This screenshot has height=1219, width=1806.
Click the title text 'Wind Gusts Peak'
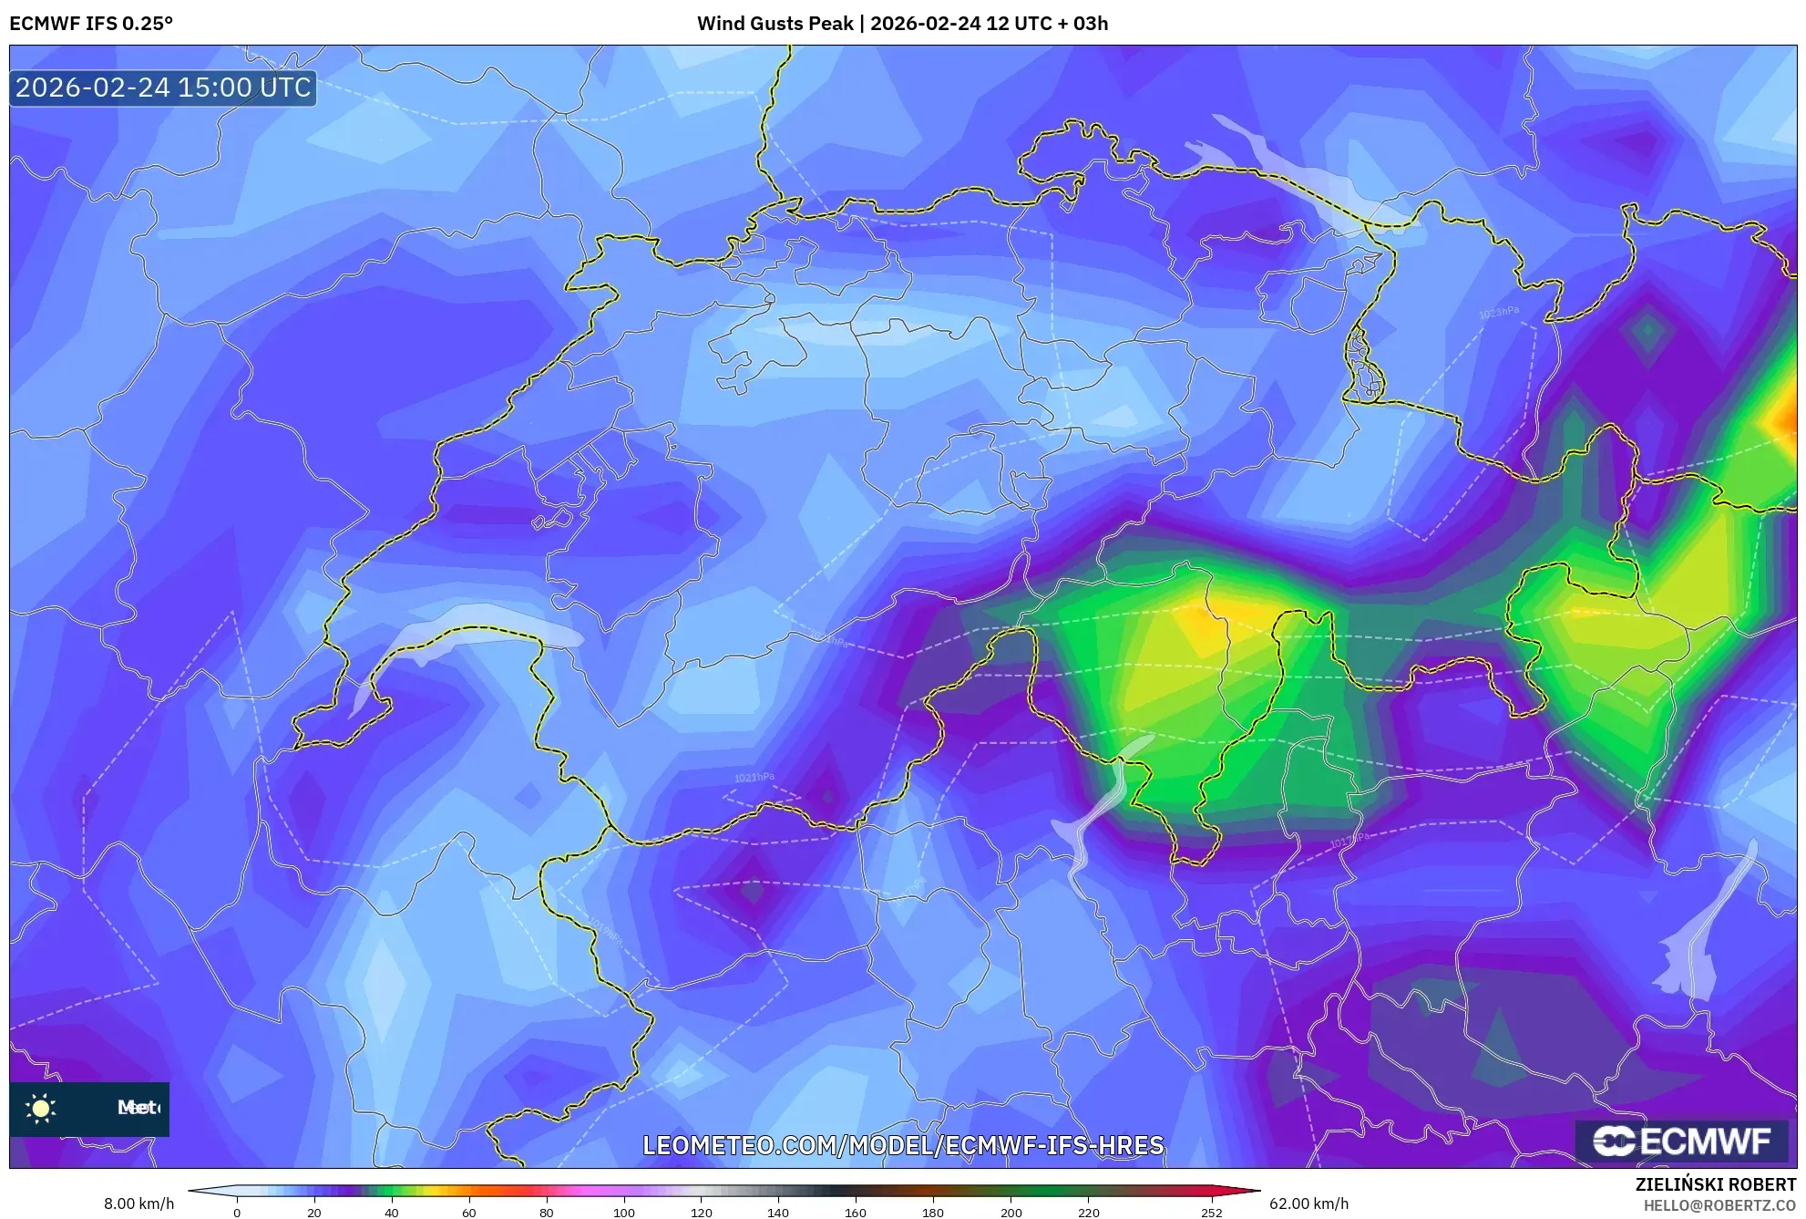pos(775,24)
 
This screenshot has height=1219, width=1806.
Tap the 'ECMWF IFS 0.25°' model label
pos(91,24)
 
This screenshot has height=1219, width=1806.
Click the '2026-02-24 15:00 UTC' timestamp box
pos(163,88)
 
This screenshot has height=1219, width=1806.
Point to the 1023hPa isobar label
pos(1499,313)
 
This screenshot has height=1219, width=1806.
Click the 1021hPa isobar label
pos(754,778)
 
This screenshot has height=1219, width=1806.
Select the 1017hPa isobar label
pos(1349,840)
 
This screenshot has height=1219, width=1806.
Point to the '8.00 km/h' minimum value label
pos(139,1204)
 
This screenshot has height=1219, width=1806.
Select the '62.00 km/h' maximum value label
pos(1308,1204)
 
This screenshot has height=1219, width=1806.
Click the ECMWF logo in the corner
pos(1681,1141)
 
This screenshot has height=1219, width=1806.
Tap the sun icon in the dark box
pos(41,1108)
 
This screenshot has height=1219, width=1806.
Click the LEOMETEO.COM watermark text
pos(903,1145)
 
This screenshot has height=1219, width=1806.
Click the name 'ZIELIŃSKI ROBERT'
pos(1715,1185)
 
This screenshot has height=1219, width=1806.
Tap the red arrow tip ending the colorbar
pos(1252,1190)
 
